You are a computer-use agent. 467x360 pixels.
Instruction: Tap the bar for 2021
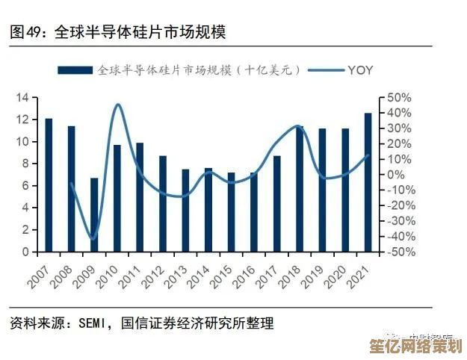(368, 182)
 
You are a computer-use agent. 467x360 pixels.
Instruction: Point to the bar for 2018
(300, 190)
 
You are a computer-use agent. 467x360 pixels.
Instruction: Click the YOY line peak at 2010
(118, 105)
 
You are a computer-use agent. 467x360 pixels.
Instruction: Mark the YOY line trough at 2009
(93, 239)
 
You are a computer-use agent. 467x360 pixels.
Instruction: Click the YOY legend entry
(359, 70)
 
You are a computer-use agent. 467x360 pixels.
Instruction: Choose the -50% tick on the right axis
(400, 252)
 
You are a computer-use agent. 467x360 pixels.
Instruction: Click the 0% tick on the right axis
(396, 175)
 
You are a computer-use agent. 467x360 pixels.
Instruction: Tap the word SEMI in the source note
(93, 323)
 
